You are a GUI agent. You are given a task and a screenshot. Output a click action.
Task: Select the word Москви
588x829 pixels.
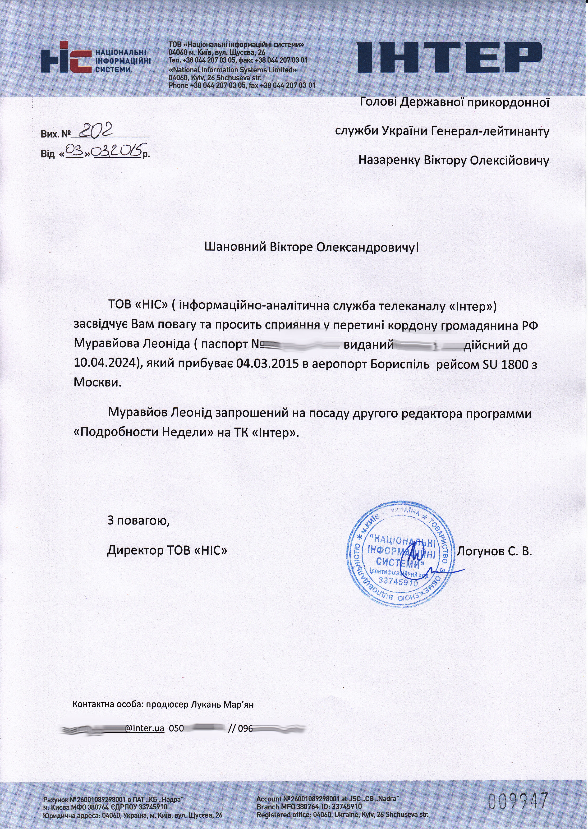[x=97, y=382]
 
